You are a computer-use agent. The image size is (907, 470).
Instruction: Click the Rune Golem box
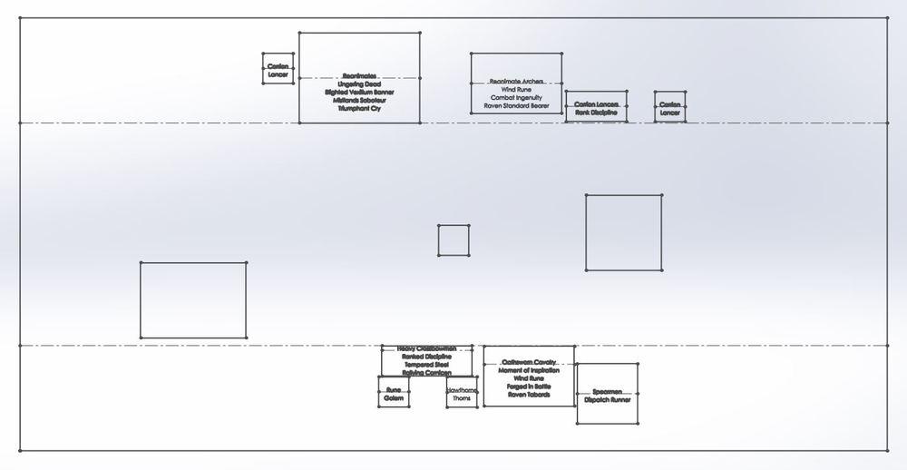[393, 394]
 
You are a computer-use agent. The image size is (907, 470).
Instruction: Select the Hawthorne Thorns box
[462, 394]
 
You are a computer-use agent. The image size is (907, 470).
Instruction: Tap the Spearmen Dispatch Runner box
[607, 395]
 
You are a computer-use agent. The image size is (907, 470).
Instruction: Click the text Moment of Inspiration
[529, 370]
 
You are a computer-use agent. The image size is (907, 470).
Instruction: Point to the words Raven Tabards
[529, 395]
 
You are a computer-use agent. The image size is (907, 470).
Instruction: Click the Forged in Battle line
[529, 387]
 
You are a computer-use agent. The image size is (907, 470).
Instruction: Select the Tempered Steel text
[426, 365]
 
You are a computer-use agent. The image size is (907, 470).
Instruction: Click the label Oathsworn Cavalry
[529, 362]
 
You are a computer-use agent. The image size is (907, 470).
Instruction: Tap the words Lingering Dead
[359, 84]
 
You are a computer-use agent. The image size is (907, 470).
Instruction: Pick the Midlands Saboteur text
[359, 101]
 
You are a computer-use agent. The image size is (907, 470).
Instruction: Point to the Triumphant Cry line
[359, 109]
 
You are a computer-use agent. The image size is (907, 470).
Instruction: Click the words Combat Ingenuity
[516, 98]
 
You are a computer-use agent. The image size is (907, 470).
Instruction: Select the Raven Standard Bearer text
[516, 106]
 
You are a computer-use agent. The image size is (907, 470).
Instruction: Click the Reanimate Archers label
[516, 82]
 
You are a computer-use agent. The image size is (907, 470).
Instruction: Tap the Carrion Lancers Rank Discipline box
[596, 109]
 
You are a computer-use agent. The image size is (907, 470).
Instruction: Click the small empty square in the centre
[453, 240]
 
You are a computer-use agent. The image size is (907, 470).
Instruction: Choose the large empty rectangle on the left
[193, 300]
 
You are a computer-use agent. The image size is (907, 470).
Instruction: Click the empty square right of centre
[623, 232]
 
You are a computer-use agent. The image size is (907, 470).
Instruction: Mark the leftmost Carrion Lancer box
[278, 70]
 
